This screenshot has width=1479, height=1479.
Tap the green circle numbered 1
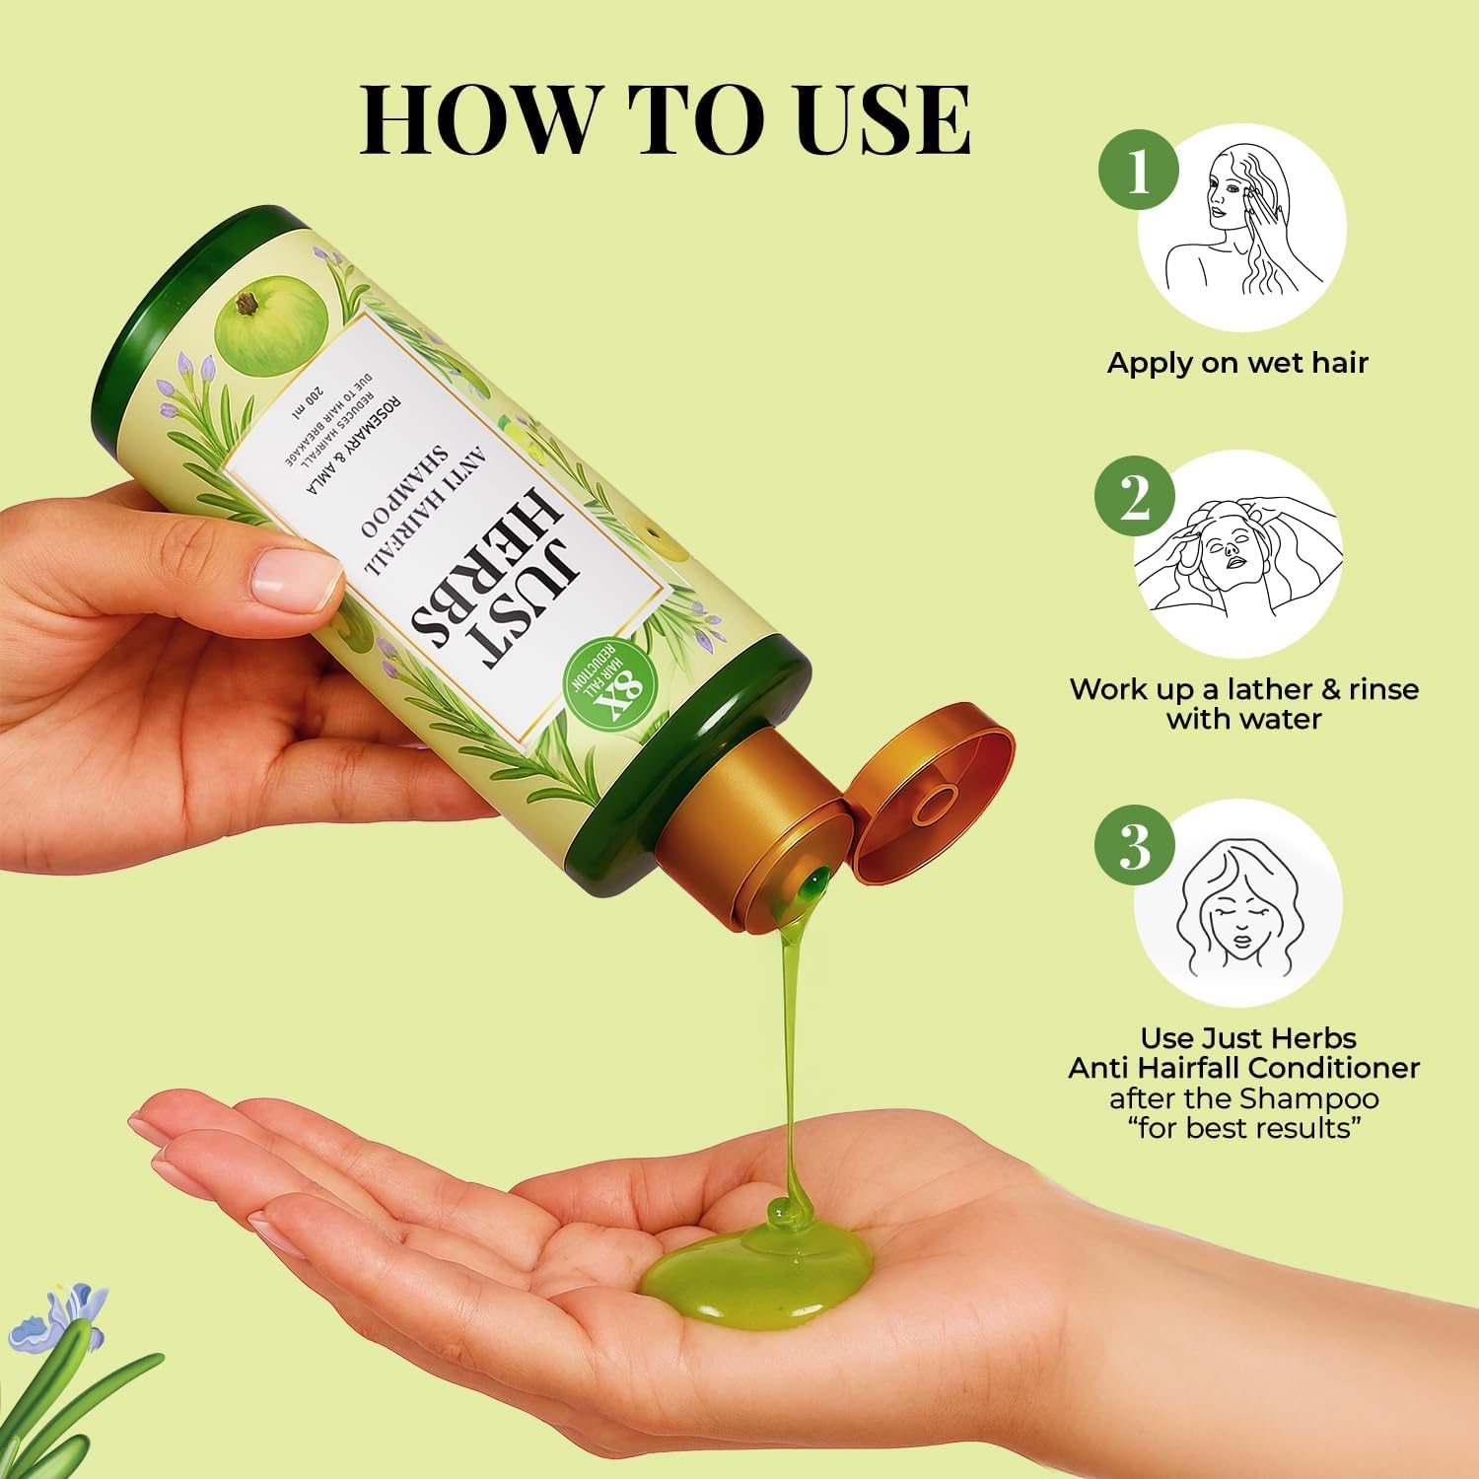tap(1139, 172)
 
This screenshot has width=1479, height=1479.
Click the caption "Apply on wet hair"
tap(1237, 363)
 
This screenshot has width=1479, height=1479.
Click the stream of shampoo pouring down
tap(794, 1035)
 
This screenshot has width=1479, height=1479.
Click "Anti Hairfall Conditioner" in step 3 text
tap(1243, 1067)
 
